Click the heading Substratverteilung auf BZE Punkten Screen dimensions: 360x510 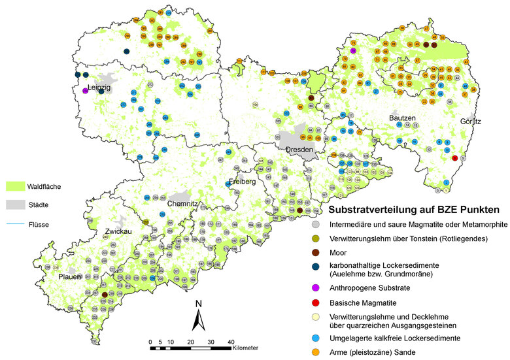(x=414, y=210)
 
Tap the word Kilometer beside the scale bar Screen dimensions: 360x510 (x=245, y=348)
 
